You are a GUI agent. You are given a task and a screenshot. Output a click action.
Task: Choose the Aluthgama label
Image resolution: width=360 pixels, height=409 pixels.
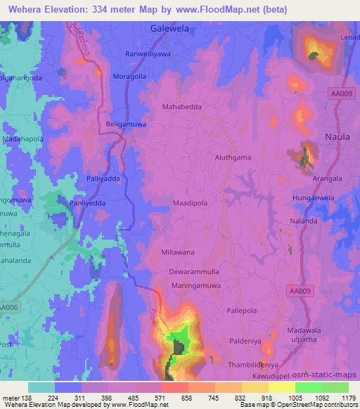pyautogui.click(x=233, y=157)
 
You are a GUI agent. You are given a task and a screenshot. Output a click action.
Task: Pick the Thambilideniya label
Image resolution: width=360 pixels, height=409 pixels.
pyautogui.click(x=255, y=365)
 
